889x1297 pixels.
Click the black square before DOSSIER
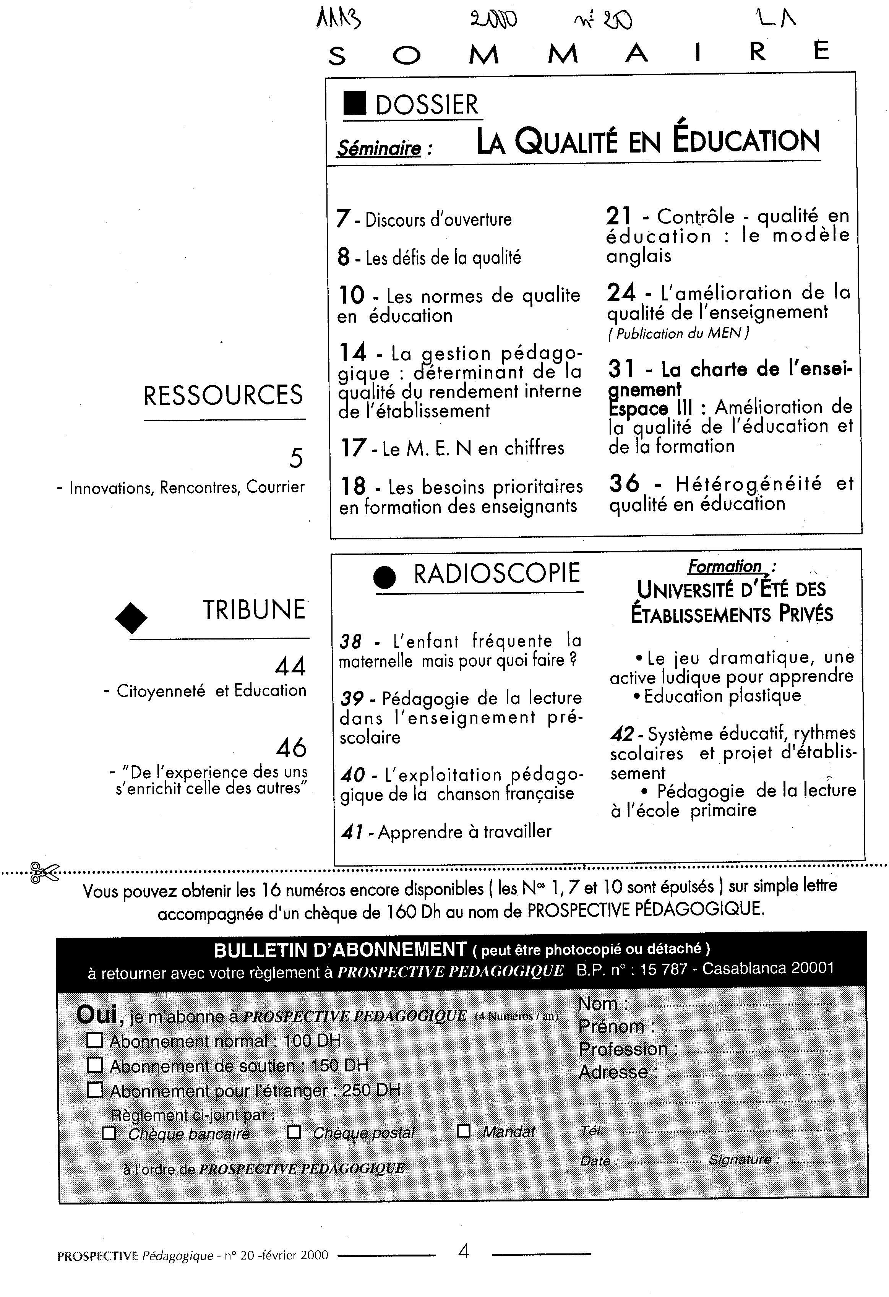pyautogui.click(x=355, y=104)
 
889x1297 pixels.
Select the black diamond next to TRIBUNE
pyautogui.click(x=131, y=617)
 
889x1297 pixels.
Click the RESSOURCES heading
pyautogui.click(x=223, y=396)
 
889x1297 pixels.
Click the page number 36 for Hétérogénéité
pyautogui.click(x=624, y=483)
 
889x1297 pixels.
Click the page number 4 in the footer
pyautogui.click(x=463, y=1252)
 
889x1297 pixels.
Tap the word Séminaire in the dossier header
pyautogui.click(x=379, y=148)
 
